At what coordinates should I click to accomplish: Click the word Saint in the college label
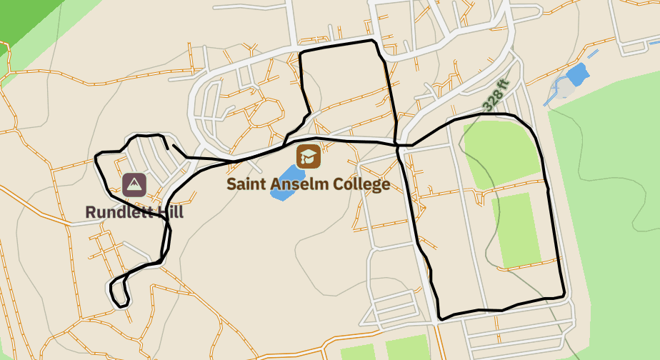[x=246, y=184]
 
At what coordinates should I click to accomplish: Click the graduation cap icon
[x=309, y=156]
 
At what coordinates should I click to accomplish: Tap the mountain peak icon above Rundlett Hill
[x=134, y=185]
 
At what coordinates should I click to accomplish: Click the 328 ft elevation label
[x=495, y=95]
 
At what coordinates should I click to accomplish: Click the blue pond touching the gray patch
[x=577, y=74]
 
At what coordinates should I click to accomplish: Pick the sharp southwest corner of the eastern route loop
[x=440, y=317]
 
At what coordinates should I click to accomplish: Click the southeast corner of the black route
[x=564, y=295]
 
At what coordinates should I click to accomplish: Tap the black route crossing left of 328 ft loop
[x=397, y=146]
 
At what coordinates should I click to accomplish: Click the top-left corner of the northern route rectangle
[x=299, y=53]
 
